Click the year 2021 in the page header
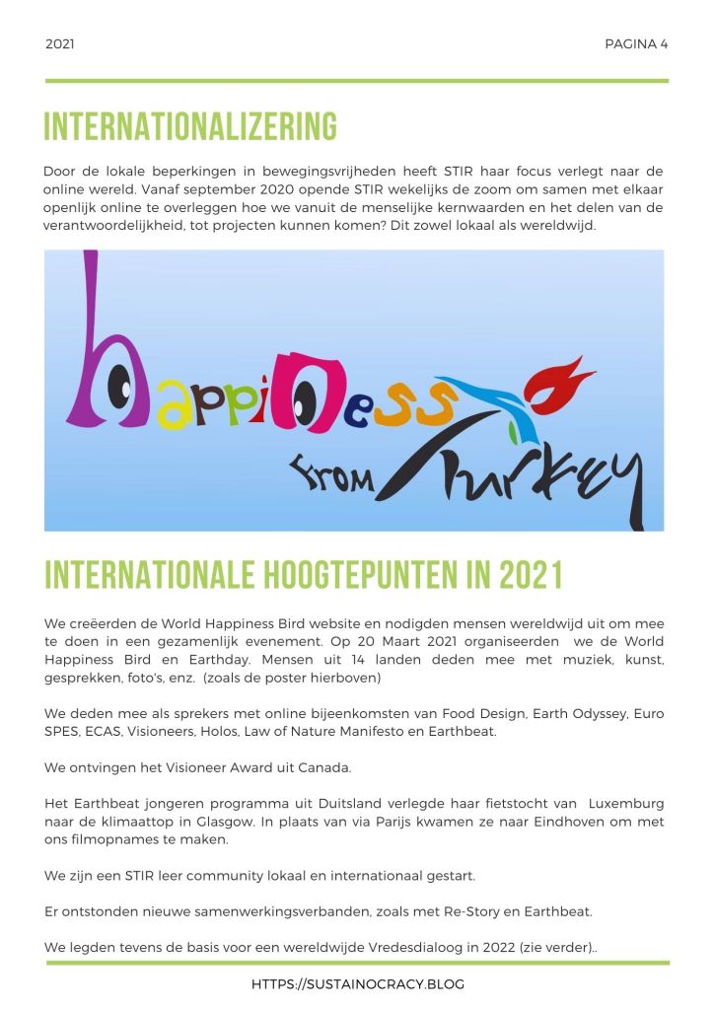click(x=60, y=44)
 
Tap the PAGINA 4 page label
click(x=636, y=44)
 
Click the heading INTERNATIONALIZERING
click(x=190, y=127)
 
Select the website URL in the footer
click(x=357, y=984)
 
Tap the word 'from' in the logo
click(x=330, y=476)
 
